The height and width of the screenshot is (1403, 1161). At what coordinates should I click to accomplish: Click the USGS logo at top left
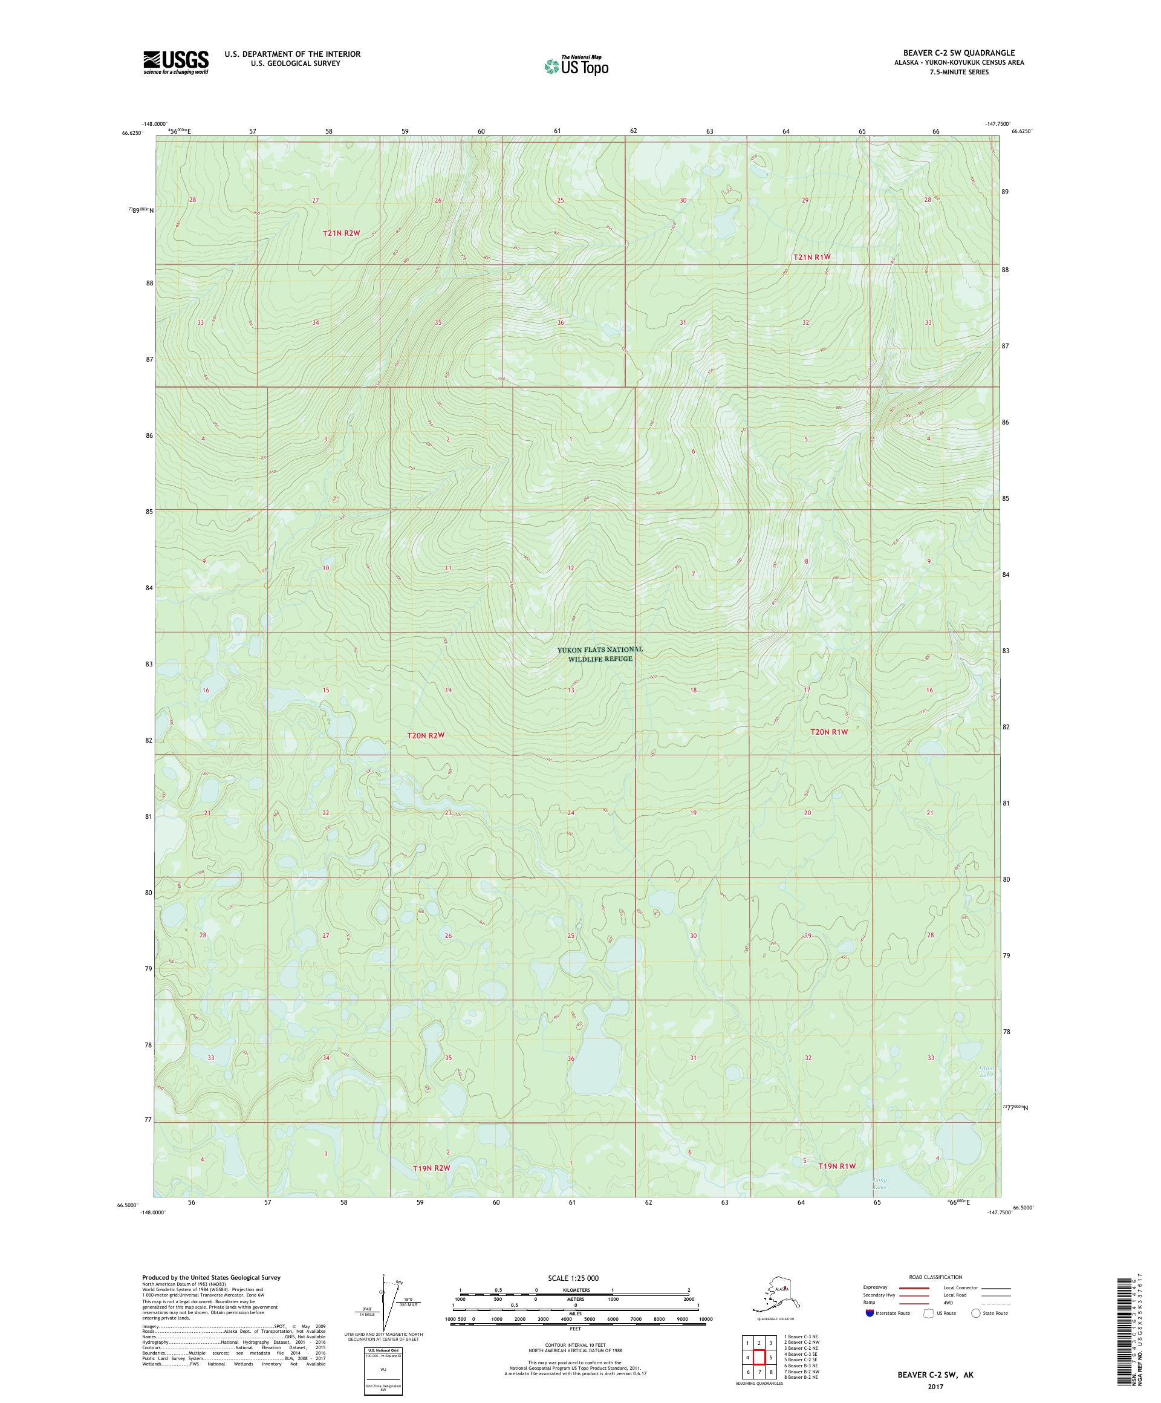point(175,62)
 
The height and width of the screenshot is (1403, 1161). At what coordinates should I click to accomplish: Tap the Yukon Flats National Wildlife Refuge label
point(599,653)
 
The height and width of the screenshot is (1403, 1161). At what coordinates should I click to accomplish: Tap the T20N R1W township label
point(828,732)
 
